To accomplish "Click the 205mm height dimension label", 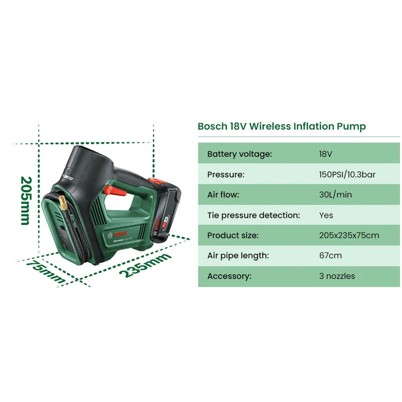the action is coord(27,200).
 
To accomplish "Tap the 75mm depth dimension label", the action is coord(45,271).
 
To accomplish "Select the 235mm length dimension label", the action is coord(145,265).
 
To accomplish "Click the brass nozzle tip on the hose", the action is coord(63,203).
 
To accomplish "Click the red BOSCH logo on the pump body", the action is coord(120,234).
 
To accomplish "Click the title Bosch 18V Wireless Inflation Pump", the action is coord(281,127).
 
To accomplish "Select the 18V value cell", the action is coord(325,154).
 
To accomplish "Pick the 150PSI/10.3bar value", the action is coord(347,174).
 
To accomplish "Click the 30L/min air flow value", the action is coord(335,194).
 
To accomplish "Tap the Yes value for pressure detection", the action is coord(326,215).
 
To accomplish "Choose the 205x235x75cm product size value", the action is coord(349,235).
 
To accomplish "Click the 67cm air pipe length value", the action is coord(331,255).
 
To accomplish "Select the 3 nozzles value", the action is coord(337,276).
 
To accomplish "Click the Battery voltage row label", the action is coord(240,154).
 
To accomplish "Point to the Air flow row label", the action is coord(223,194).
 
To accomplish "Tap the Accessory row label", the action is coord(229,276).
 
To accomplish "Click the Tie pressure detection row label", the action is coord(254,215).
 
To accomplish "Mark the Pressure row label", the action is coord(226,174).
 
